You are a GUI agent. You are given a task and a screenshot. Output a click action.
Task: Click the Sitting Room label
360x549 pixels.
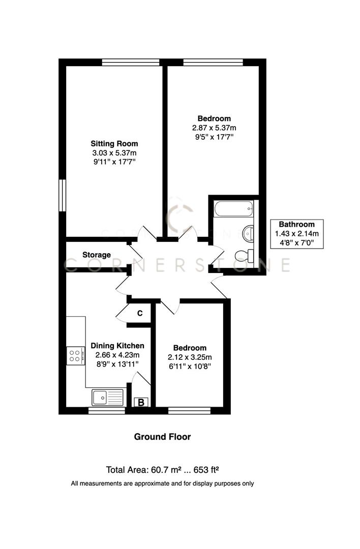pos(114,143)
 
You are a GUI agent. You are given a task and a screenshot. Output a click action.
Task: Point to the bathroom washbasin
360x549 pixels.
pos(249,233)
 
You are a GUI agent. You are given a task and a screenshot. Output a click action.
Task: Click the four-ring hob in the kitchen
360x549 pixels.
pos(76,355)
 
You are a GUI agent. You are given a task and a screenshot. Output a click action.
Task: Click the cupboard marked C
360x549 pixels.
pos(140,313)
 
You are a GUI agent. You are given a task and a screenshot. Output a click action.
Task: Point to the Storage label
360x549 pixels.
pos(96,255)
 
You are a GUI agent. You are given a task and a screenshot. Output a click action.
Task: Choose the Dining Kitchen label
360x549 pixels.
pos(114,346)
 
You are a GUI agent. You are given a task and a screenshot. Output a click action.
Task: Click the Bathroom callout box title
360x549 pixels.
pos(296,224)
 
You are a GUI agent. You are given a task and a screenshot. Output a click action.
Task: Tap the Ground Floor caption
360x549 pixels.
pos(162,436)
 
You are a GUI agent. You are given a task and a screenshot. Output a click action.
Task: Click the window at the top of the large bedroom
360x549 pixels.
pos(213,63)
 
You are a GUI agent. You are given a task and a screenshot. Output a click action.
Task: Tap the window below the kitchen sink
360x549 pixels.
pos(107,411)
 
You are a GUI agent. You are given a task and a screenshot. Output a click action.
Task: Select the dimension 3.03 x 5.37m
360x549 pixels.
pos(114,152)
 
